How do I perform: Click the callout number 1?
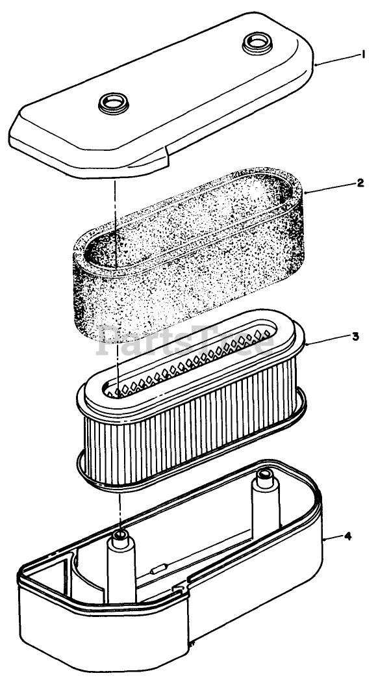click(x=363, y=55)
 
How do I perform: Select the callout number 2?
click(x=360, y=183)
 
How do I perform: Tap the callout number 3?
click(x=355, y=336)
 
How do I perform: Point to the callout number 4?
click(x=347, y=536)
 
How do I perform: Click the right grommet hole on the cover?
click(x=257, y=43)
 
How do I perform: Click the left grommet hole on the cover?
click(x=114, y=103)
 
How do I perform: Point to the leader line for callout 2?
click(x=330, y=187)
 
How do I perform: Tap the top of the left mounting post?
click(x=121, y=534)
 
